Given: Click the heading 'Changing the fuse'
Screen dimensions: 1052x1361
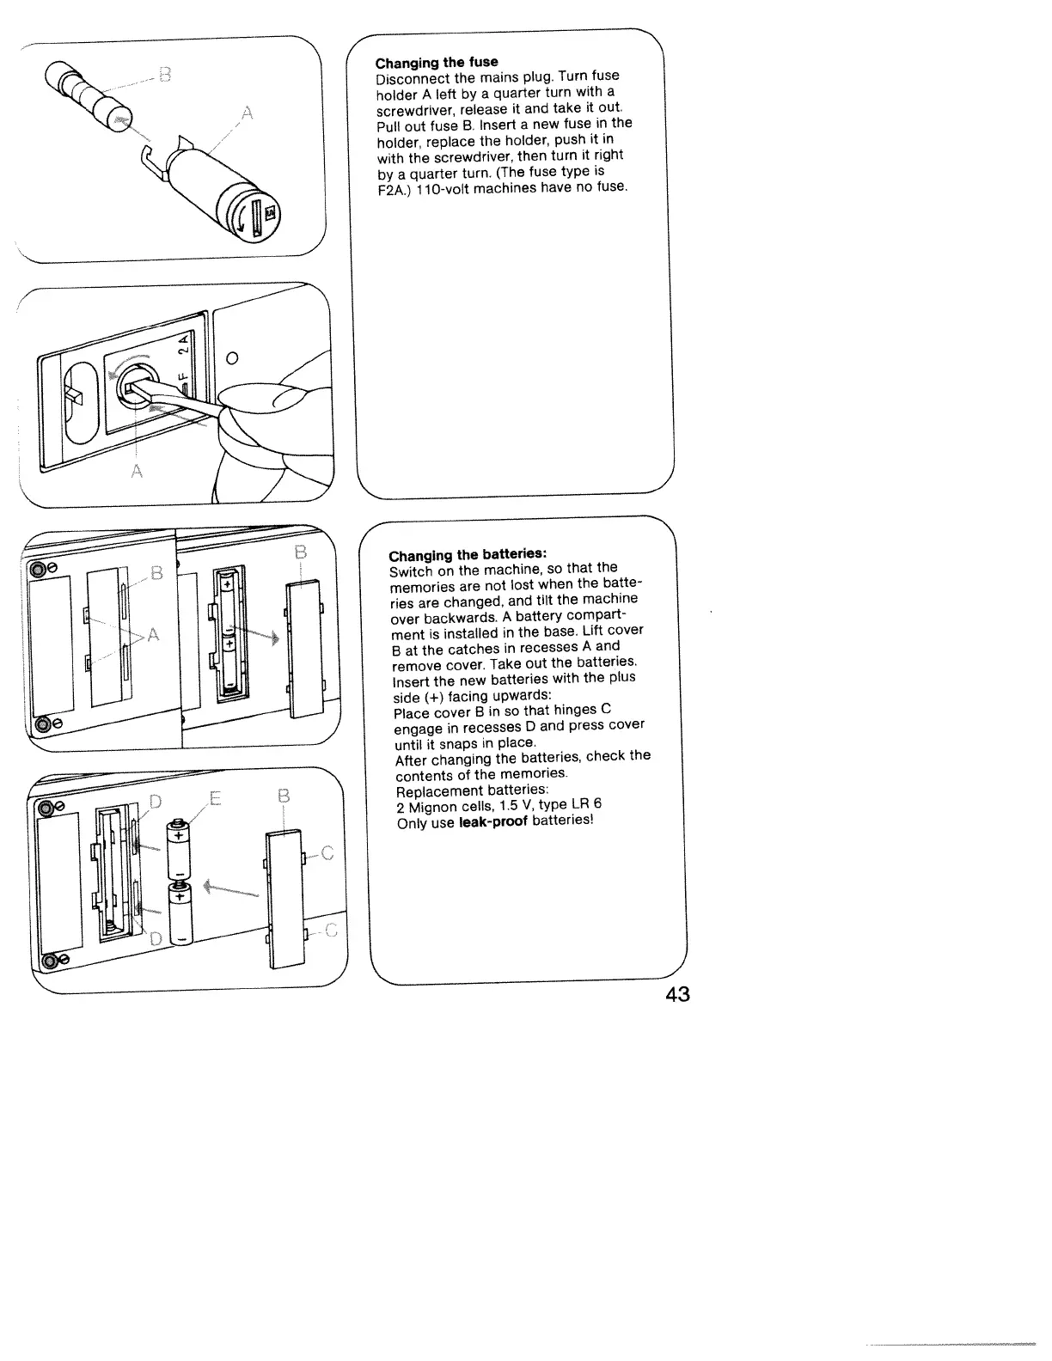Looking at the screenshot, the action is click(x=437, y=62).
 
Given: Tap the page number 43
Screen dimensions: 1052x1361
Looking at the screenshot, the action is click(x=677, y=994).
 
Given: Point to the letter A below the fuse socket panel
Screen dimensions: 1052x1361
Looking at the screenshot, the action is click(x=136, y=472).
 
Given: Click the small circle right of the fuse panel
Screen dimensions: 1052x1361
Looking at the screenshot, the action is click(x=232, y=357).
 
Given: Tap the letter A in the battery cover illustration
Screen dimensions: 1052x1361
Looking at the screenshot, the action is click(x=153, y=635).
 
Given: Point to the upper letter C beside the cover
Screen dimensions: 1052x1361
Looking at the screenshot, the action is click(x=326, y=853).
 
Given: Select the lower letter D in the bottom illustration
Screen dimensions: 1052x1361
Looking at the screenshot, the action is click(x=156, y=938).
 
